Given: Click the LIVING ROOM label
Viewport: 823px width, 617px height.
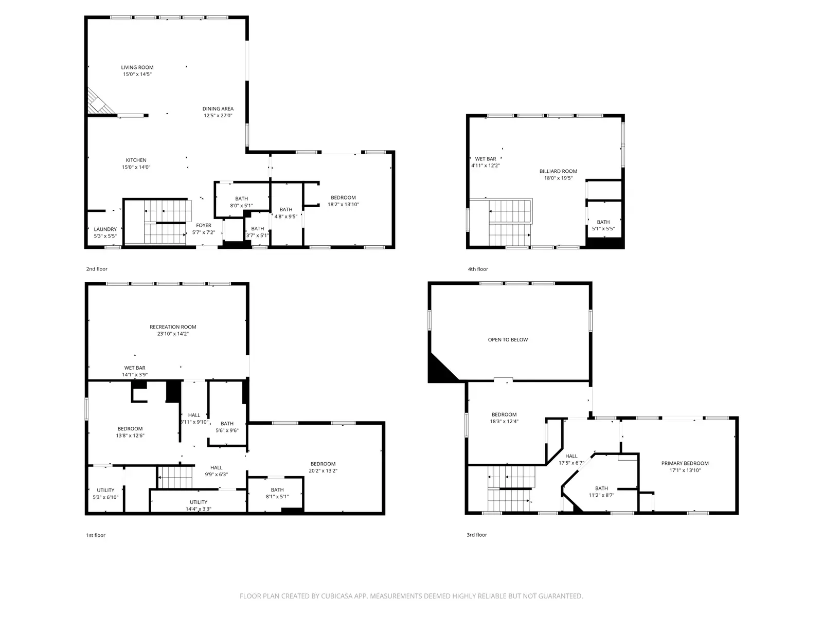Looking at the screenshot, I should pyautogui.click(x=137, y=67).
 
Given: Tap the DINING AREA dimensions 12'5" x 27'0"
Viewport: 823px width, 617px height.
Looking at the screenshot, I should pyautogui.click(x=218, y=116).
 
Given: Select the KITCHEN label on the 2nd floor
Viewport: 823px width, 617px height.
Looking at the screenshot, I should pyautogui.click(x=136, y=160).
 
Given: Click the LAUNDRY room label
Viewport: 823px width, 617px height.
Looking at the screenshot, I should pyautogui.click(x=105, y=229).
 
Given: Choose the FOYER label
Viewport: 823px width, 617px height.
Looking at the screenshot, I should pyautogui.click(x=204, y=225).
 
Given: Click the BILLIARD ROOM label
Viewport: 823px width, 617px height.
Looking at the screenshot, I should pyautogui.click(x=558, y=171).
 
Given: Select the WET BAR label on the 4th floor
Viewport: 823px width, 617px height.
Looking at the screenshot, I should pyautogui.click(x=485, y=159).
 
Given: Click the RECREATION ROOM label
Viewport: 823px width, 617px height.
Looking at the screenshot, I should pyautogui.click(x=173, y=327).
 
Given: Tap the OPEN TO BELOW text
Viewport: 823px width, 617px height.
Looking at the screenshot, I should pyautogui.click(x=508, y=340).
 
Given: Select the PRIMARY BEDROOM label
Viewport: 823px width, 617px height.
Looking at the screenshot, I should pyautogui.click(x=685, y=463).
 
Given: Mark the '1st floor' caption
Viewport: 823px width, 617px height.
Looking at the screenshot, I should pyautogui.click(x=96, y=535).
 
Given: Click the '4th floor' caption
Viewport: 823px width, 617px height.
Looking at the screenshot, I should pyautogui.click(x=477, y=269).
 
